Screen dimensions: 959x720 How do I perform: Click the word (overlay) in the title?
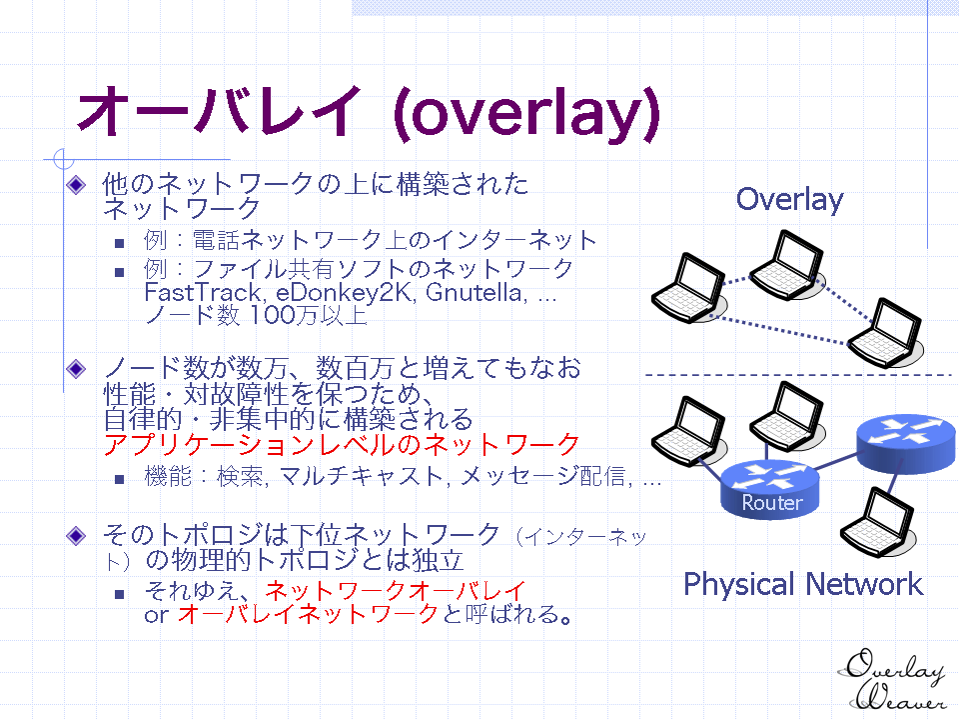pos(526,114)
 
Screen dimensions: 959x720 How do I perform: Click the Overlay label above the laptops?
pos(789,200)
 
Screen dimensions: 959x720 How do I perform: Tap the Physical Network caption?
pos(803,585)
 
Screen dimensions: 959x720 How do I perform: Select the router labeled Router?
pos(770,490)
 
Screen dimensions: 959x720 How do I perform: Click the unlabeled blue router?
pos(906,443)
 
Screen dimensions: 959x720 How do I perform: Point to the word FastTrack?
pos(204,293)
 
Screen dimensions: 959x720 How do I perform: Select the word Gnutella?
pos(476,292)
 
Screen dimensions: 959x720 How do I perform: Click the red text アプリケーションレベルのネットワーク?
pos(342,444)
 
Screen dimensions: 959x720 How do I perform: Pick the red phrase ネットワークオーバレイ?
pos(396,591)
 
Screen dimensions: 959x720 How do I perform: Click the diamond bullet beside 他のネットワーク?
pos(76,184)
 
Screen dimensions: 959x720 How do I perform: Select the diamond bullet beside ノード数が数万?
pos(76,369)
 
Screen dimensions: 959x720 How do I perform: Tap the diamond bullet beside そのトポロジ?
pos(76,536)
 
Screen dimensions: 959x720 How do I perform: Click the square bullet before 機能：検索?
pos(119,479)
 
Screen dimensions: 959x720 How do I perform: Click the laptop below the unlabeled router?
pos(878,522)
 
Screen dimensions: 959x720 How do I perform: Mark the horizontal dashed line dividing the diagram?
pos(799,375)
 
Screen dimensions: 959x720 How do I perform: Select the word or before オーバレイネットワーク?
pos(156,615)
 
